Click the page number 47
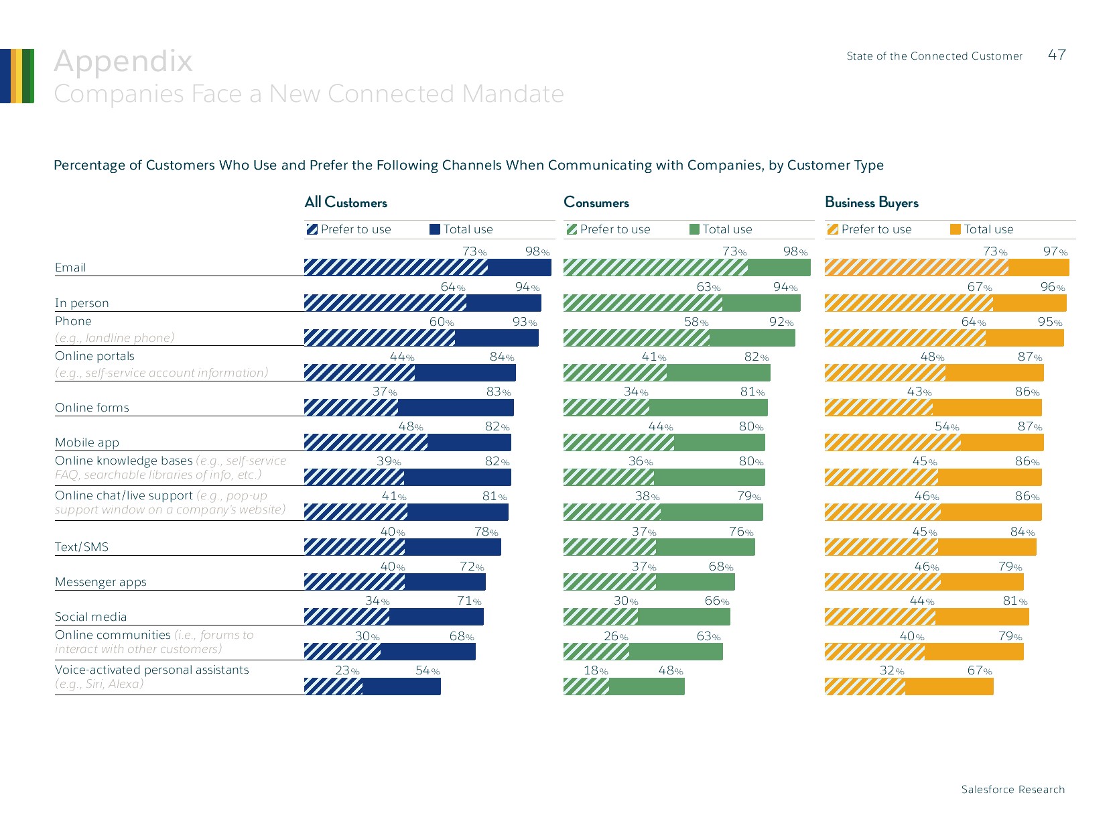(1057, 55)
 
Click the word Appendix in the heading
(123, 61)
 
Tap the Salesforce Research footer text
(1012, 789)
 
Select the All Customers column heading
(346, 202)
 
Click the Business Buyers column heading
(871, 202)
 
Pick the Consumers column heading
(596, 202)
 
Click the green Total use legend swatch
(695, 229)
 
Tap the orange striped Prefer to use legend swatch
(833, 229)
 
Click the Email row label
(70, 267)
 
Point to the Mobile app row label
(87, 442)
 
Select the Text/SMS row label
(82, 547)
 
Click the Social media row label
(90, 617)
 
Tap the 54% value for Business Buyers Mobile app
(947, 427)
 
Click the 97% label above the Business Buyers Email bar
(1055, 252)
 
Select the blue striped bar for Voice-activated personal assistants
(333, 686)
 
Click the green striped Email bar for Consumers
(655, 267)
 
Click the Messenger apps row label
(101, 582)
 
